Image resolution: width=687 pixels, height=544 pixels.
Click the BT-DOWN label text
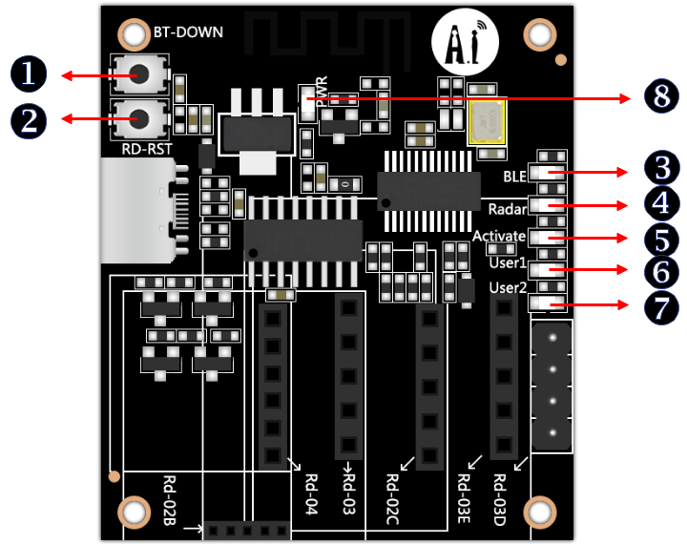[188, 32]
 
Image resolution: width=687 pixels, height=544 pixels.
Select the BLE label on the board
[515, 176]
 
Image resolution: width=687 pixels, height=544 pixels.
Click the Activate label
[499, 236]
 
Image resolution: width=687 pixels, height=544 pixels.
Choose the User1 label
[508, 262]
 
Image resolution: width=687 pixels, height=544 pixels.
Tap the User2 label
[508, 287]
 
